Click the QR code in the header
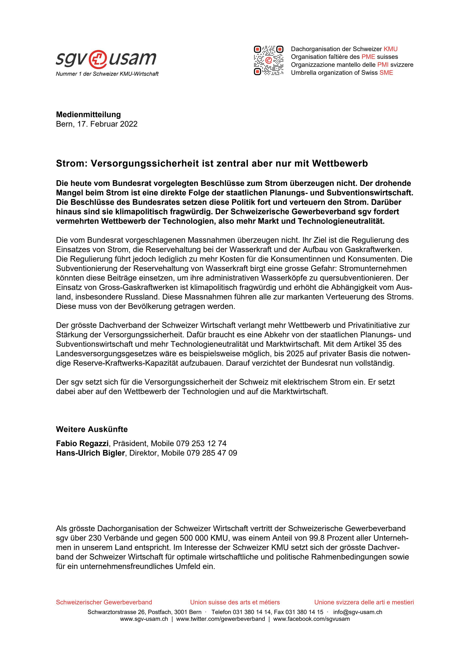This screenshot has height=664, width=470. (268, 60)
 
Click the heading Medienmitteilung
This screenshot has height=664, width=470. (88, 115)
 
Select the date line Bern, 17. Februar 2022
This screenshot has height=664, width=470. (97, 124)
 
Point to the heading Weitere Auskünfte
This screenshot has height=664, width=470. (92, 429)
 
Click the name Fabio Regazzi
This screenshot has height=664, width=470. (82, 443)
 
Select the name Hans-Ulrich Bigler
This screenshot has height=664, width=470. (90, 453)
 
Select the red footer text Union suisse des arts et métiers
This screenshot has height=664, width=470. (235, 602)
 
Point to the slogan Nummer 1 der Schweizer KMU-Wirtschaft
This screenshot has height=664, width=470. (107, 74)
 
